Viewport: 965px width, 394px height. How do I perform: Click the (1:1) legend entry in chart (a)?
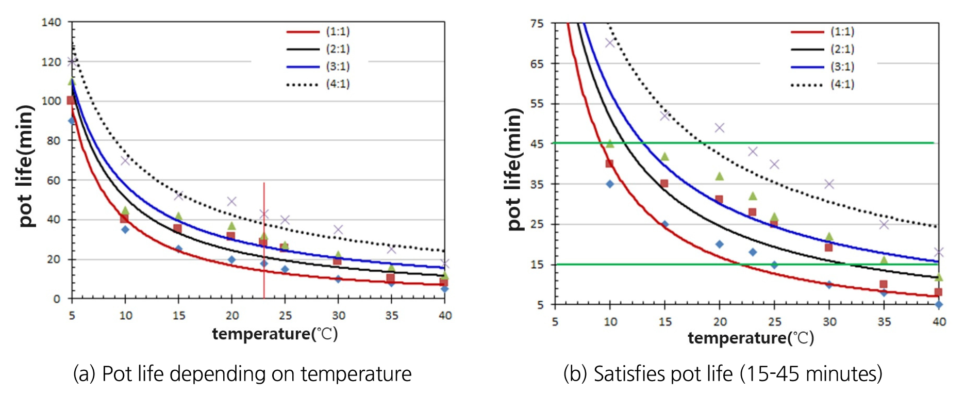tap(319, 32)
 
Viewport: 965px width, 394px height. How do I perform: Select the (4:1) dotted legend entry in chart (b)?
tap(823, 85)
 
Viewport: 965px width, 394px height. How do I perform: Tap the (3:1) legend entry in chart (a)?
tap(319, 67)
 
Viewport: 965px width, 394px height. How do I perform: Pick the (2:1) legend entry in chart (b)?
tap(823, 50)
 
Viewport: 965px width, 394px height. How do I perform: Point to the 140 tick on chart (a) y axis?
tap(52, 22)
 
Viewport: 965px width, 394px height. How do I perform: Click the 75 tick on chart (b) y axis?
tap(537, 24)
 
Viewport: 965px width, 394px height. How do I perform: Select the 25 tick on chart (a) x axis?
tap(285, 316)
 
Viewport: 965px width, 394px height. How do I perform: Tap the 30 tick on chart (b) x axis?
tap(829, 322)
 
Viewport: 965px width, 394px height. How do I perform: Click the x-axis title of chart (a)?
tap(275, 334)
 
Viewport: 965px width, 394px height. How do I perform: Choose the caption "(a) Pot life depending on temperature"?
tap(242, 374)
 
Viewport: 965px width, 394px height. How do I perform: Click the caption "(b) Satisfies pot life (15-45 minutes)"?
tap(723, 374)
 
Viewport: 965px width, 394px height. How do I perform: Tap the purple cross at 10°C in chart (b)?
tap(610, 42)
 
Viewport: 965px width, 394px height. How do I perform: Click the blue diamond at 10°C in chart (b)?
tap(610, 184)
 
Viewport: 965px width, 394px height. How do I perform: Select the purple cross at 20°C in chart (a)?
tap(231, 201)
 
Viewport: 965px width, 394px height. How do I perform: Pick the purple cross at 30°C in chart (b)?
tap(829, 184)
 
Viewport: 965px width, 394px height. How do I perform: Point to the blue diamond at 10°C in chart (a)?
tap(125, 229)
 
